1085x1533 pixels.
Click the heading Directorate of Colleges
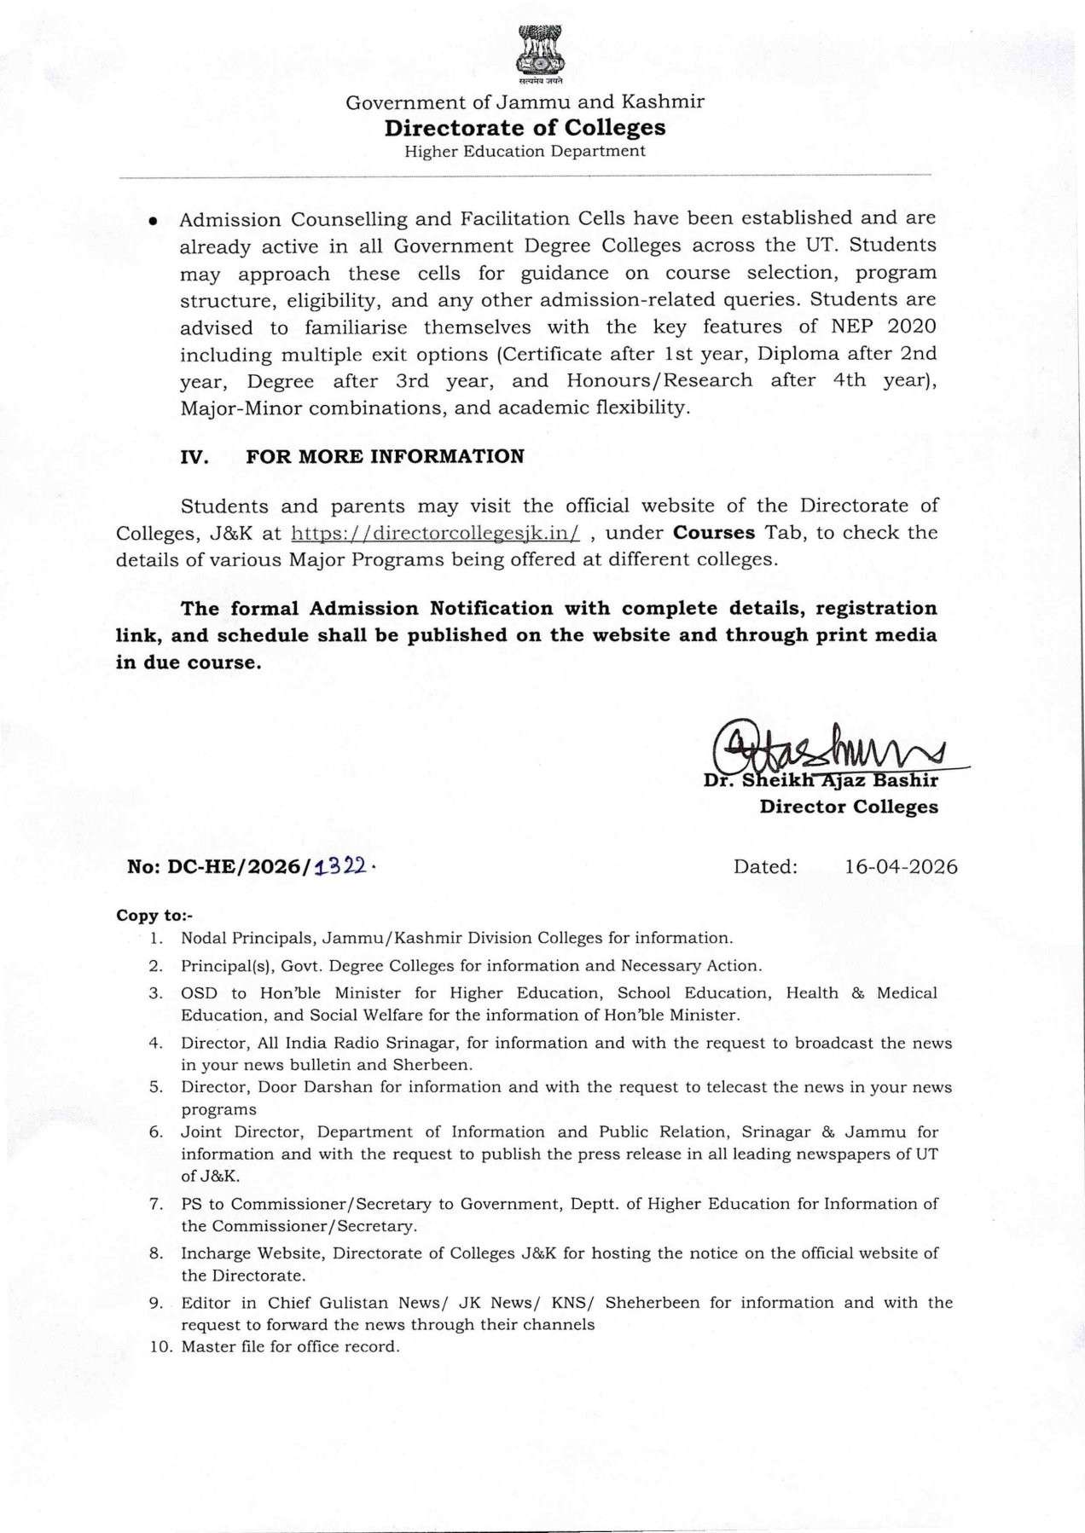point(525,128)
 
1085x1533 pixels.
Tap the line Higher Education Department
point(525,152)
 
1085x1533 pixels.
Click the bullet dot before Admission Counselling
point(153,220)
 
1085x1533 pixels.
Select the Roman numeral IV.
point(195,456)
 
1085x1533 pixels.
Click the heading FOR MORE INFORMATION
point(385,456)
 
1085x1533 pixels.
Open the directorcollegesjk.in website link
point(435,534)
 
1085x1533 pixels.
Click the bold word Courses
point(714,533)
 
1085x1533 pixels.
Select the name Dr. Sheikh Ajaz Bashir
point(821,781)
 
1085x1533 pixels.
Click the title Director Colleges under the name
point(849,807)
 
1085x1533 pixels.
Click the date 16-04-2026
point(901,867)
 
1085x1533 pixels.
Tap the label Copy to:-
point(154,916)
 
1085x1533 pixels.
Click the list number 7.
point(155,1204)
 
